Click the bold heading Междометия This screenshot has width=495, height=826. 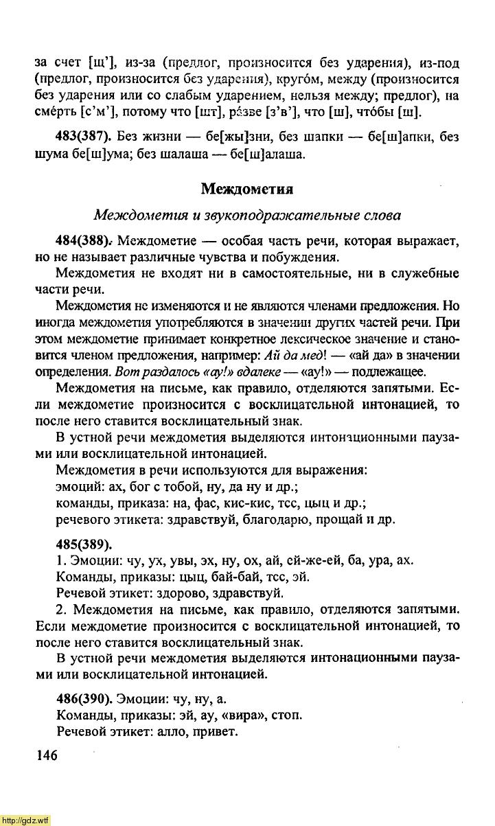247,188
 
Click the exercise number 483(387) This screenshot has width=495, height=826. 82,137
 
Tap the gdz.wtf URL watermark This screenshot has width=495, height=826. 25,820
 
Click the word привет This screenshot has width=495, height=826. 213,732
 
